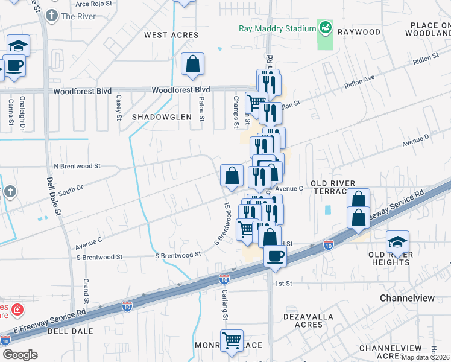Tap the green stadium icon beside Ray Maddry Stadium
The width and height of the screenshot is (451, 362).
coord(325,28)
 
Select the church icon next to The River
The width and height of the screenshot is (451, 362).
coord(52,16)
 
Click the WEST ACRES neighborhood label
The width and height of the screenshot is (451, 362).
coord(171,35)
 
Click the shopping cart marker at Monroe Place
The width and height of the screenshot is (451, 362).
coord(232,341)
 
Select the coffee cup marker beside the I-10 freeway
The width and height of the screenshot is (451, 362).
coord(275,255)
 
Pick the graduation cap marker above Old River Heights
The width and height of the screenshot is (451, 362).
coord(397,242)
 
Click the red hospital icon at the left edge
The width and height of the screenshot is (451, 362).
coord(18,310)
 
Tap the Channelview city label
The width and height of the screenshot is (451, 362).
coord(408,299)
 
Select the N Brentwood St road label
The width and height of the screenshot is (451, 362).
coord(77,165)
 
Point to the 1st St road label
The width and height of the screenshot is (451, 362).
coord(283,283)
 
